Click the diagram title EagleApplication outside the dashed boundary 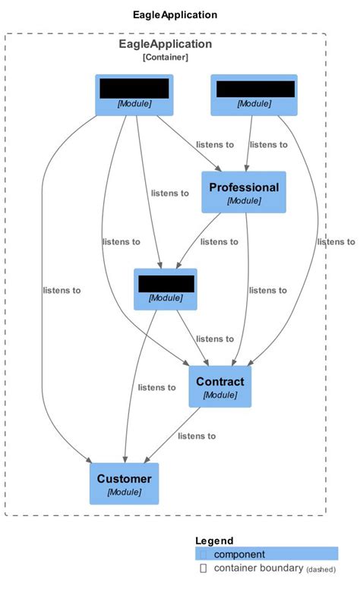(174, 14)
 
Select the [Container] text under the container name (165, 57)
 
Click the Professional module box (243, 192)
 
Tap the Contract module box (219, 386)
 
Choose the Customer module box (124, 483)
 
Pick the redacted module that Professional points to (166, 289)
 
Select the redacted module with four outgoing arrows (134, 95)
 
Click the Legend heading (214, 540)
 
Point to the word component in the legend (239, 554)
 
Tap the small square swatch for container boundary (203, 568)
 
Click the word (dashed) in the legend (321, 569)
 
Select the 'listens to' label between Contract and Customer (197, 436)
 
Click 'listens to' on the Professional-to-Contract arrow (267, 290)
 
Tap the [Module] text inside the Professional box (244, 201)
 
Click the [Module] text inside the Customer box (124, 493)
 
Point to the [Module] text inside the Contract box (219, 395)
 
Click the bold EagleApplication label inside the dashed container (165, 44)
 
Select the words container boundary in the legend (258, 568)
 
